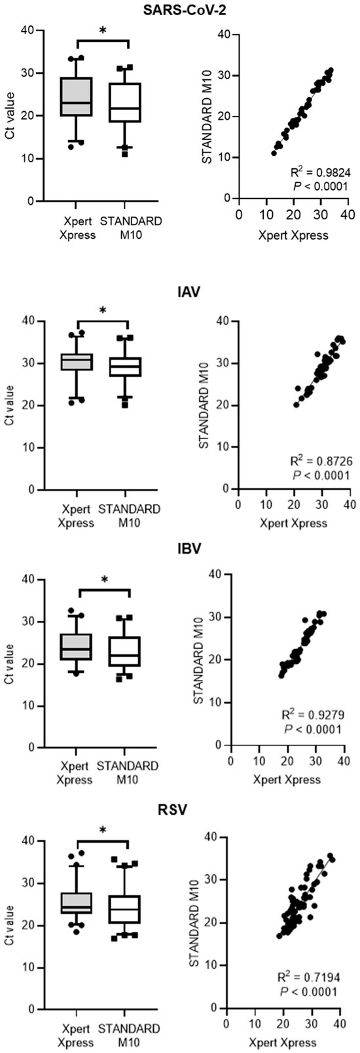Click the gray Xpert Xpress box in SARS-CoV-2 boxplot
tap(77, 97)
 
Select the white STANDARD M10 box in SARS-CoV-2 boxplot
tap(128, 103)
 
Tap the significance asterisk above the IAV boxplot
tap(103, 311)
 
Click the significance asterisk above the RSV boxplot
tap(103, 831)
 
